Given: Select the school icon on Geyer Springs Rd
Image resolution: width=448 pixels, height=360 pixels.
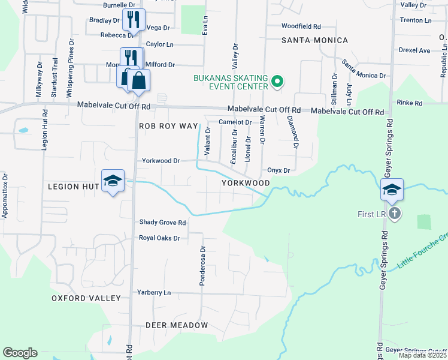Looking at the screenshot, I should click(x=392, y=190).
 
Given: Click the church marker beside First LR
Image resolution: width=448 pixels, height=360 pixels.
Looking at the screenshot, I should click(x=394, y=213).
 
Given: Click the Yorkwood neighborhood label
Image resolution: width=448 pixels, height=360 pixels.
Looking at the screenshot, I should click(x=246, y=182).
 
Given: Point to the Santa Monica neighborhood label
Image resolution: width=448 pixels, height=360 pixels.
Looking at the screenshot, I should click(x=314, y=40).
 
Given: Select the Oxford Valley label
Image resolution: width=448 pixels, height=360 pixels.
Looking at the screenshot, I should click(x=86, y=298).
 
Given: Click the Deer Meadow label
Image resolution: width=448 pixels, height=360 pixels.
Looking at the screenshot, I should click(x=177, y=325).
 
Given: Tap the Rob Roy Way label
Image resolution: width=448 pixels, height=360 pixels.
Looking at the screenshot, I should click(x=168, y=126).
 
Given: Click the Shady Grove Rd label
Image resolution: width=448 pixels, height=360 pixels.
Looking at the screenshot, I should click(x=163, y=223).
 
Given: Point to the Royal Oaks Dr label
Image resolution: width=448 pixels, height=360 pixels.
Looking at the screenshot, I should click(x=159, y=238).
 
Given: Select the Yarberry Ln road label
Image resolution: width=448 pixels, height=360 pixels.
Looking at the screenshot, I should click(x=154, y=293).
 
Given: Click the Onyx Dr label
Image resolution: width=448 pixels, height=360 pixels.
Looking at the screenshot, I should click(x=279, y=170).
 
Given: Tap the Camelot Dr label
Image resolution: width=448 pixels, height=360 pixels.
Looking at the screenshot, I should click(x=234, y=122).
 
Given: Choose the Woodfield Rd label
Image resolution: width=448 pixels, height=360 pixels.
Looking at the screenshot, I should click(x=301, y=26).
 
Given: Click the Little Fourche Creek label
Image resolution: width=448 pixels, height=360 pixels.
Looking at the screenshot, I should click(x=422, y=251).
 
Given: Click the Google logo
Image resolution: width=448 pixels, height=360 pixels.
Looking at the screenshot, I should click(x=20, y=353).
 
